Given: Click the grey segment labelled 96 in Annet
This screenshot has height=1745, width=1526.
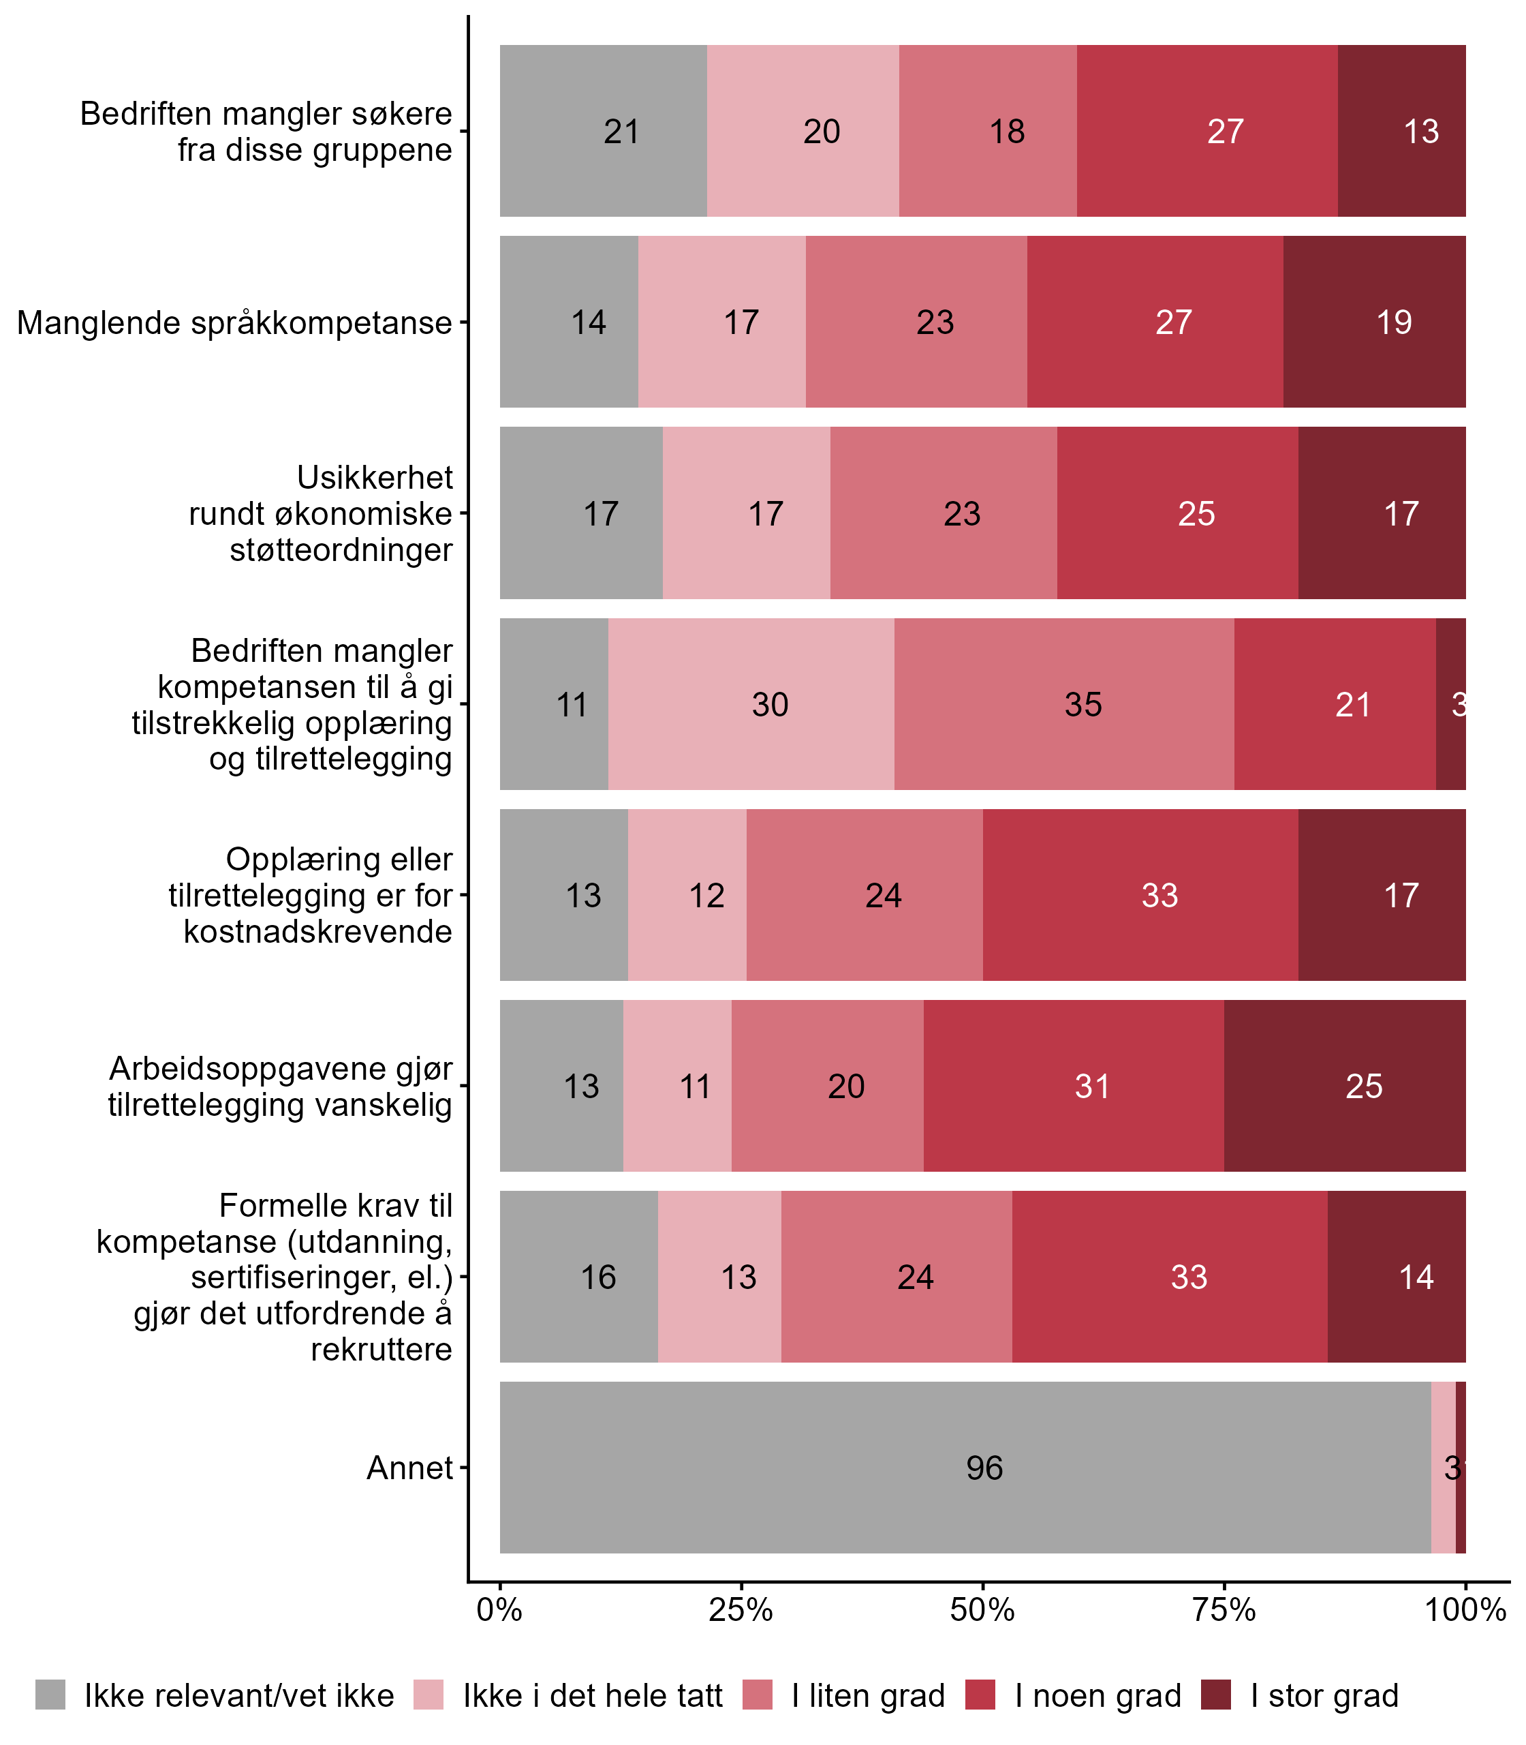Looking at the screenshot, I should (x=984, y=1467).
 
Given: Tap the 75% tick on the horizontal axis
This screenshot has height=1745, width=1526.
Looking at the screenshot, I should (x=1225, y=1609).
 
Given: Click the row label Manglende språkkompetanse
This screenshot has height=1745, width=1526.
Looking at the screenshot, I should (x=234, y=323).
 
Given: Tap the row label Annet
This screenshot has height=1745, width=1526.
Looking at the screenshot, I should (x=409, y=1467).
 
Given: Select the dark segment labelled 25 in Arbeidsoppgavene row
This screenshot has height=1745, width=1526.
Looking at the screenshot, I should (x=1363, y=1087).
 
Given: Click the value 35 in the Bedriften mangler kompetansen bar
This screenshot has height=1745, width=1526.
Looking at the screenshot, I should (x=1083, y=705).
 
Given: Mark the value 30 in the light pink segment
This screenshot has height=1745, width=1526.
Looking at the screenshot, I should (x=770, y=705).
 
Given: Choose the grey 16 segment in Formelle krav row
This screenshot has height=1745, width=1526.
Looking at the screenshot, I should (x=598, y=1277).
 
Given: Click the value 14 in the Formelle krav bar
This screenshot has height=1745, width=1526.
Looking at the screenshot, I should (x=1416, y=1277).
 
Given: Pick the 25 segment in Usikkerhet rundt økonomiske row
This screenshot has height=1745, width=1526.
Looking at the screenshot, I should (x=1196, y=514).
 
